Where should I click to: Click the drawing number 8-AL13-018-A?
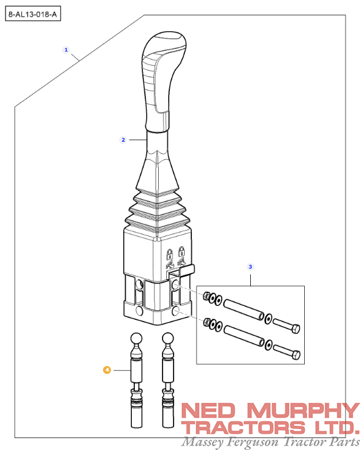pos(34,12)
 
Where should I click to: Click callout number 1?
pos(66,48)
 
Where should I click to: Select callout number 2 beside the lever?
pos(123,140)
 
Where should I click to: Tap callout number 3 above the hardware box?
pos(250,267)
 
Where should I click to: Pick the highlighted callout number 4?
pos(107,370)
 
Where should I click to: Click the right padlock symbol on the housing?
pos(182,252)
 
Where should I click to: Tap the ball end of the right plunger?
pos(169,338)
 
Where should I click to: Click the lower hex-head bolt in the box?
pos(286,353)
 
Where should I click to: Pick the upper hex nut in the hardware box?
pos(207,297)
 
